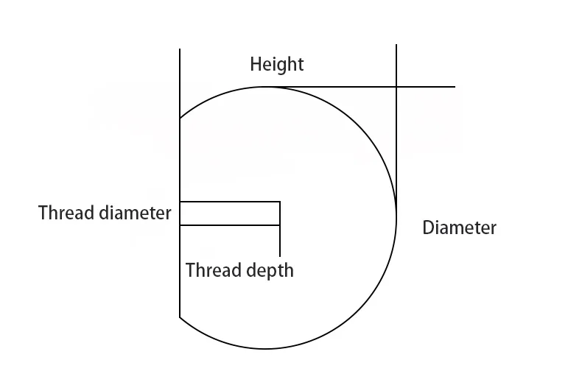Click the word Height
click(276, 64)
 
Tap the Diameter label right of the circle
click(459, 227)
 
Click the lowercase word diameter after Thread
click(134, 213)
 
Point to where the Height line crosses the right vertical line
click(396, 87)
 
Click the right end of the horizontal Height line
click(455, 87)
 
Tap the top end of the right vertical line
click(396, 45)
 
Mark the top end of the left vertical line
click(180, 49)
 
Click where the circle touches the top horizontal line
click(267, 87)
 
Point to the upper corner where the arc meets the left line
click(180, 119)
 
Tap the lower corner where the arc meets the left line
click(180, 317)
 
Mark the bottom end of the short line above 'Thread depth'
click(280, 255)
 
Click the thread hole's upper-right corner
click(280, 202)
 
